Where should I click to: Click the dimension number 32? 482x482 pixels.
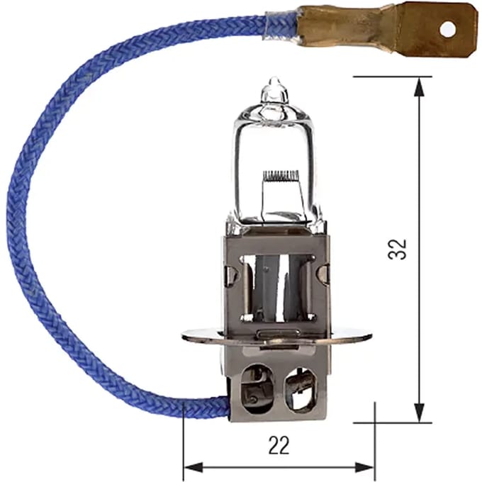pyautogui.click(x=398, y=250)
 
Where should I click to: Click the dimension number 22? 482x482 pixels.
pyautogui.click(x=279, y=445)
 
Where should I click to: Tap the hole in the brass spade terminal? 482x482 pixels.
pyautogui.click(x=447, y=30)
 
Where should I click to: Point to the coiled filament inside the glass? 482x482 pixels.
pyautogui.click(x=281, y=175)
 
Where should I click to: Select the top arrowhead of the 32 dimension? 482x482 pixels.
pyautogui.click(x=420, y=88)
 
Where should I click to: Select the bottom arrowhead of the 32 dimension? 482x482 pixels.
pyautogui.click(x=420, y=413)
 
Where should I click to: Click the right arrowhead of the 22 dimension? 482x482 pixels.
pyautogui.click(x=364, y=468)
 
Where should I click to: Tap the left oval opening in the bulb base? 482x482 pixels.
pyautogui.click(x=257, y=388)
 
